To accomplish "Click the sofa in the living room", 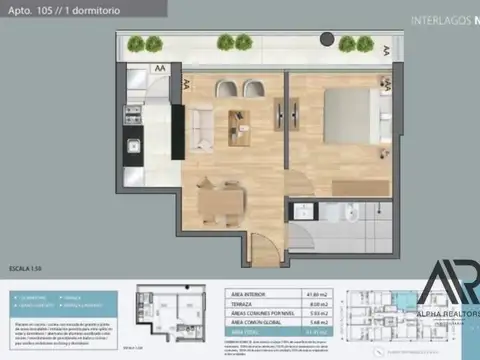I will point(201,125).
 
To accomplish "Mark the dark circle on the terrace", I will point(327,41).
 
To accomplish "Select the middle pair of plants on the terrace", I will point(235,43).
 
